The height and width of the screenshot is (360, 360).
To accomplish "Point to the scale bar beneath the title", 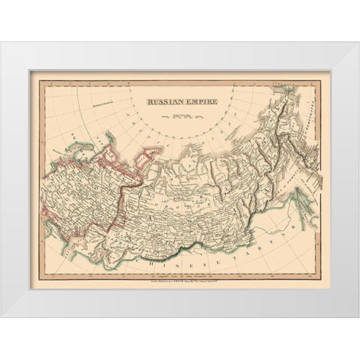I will coord(180,116).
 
